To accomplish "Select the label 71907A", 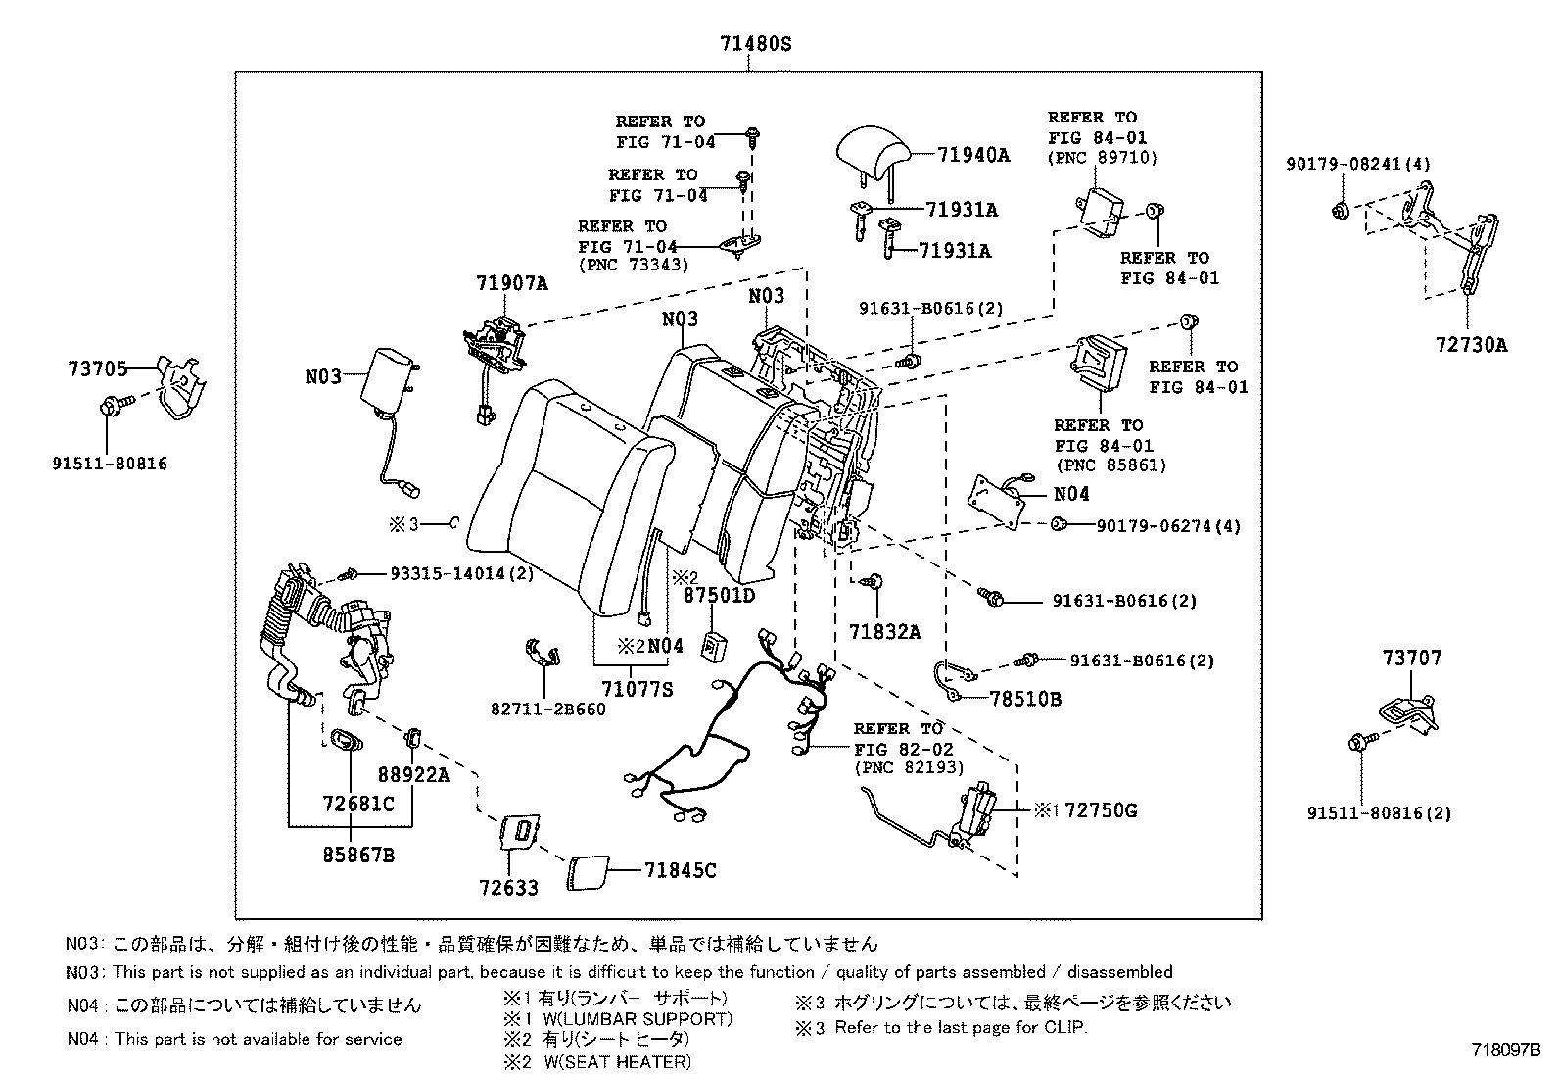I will pyautogui.click(x=512, y=284).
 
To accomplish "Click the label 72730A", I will pyautogui.click(x=1472, y=344).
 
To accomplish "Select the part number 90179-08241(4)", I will pyautogui.click(x=1357, y=165).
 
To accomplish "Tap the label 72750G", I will pyautogui.click(x=1101, y=810).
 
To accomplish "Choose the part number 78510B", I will pyautogui.click(x=1024, y=699).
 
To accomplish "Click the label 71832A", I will pyautogui.click(x=884, y=632).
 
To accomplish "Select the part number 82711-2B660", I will pyautogui.click(x=548, y=709).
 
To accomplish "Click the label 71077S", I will pyautogui.click(x=638, y=689).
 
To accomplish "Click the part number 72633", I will pyautogui.click(x=509, y=888).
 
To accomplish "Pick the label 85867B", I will pyautogui.click(x=357, y=855).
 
